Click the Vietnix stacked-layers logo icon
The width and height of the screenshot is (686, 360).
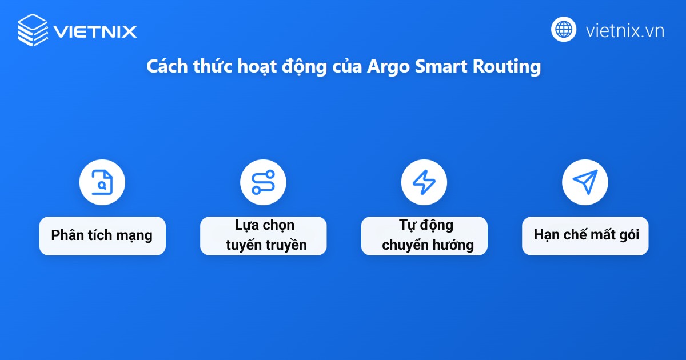click(33, 30)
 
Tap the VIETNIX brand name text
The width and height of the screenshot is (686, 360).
click(95, 31)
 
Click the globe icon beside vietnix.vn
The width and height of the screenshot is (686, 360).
click(564, 30)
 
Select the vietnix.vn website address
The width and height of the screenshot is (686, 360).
click(625, 30)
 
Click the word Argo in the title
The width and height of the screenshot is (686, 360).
click(386, 66)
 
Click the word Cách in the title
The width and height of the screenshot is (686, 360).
click(165, 66)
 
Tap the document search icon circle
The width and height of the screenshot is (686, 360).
click(102, 182)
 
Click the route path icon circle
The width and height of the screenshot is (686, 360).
click(263, 182)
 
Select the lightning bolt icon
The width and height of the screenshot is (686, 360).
click(424, 182)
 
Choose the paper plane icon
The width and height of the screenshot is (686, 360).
click(585, 182)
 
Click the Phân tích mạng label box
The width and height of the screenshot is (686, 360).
click(102, 235)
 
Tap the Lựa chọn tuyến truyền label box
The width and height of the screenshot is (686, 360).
click(263, 235)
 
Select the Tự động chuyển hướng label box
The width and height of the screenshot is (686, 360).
click(424, 235)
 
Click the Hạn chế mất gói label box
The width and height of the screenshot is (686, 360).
click(585, 235)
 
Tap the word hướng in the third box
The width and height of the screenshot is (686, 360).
click(454, 245)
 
